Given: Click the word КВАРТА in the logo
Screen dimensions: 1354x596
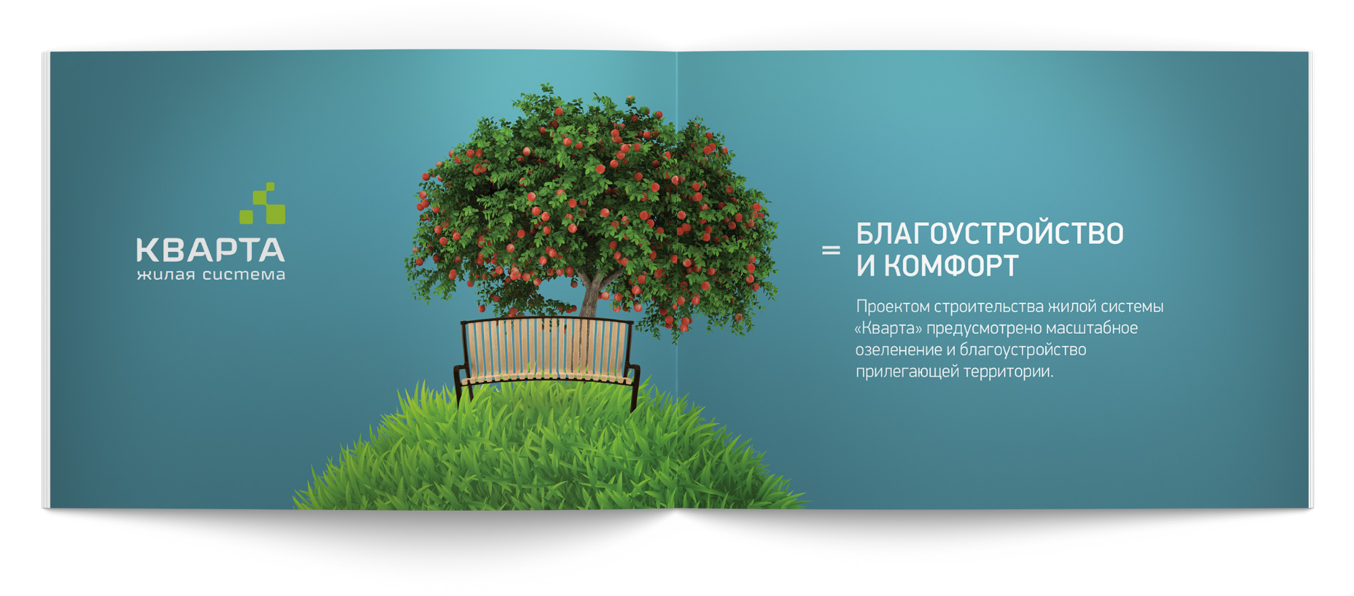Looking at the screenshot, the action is pos(211,250).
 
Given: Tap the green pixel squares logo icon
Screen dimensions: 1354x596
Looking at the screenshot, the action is pos(263,203).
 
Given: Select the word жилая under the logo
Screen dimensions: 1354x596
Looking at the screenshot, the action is pos(166,274).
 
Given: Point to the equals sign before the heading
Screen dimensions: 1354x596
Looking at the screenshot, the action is pos(831,250).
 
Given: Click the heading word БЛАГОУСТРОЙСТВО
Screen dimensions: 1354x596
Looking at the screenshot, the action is pos(990,234).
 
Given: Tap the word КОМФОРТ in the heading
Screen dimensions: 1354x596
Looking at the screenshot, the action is pos(951,265).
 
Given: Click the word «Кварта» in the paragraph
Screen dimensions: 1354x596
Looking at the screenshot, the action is pos(888,328).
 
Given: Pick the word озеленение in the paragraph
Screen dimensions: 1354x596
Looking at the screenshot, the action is pos(898,349).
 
